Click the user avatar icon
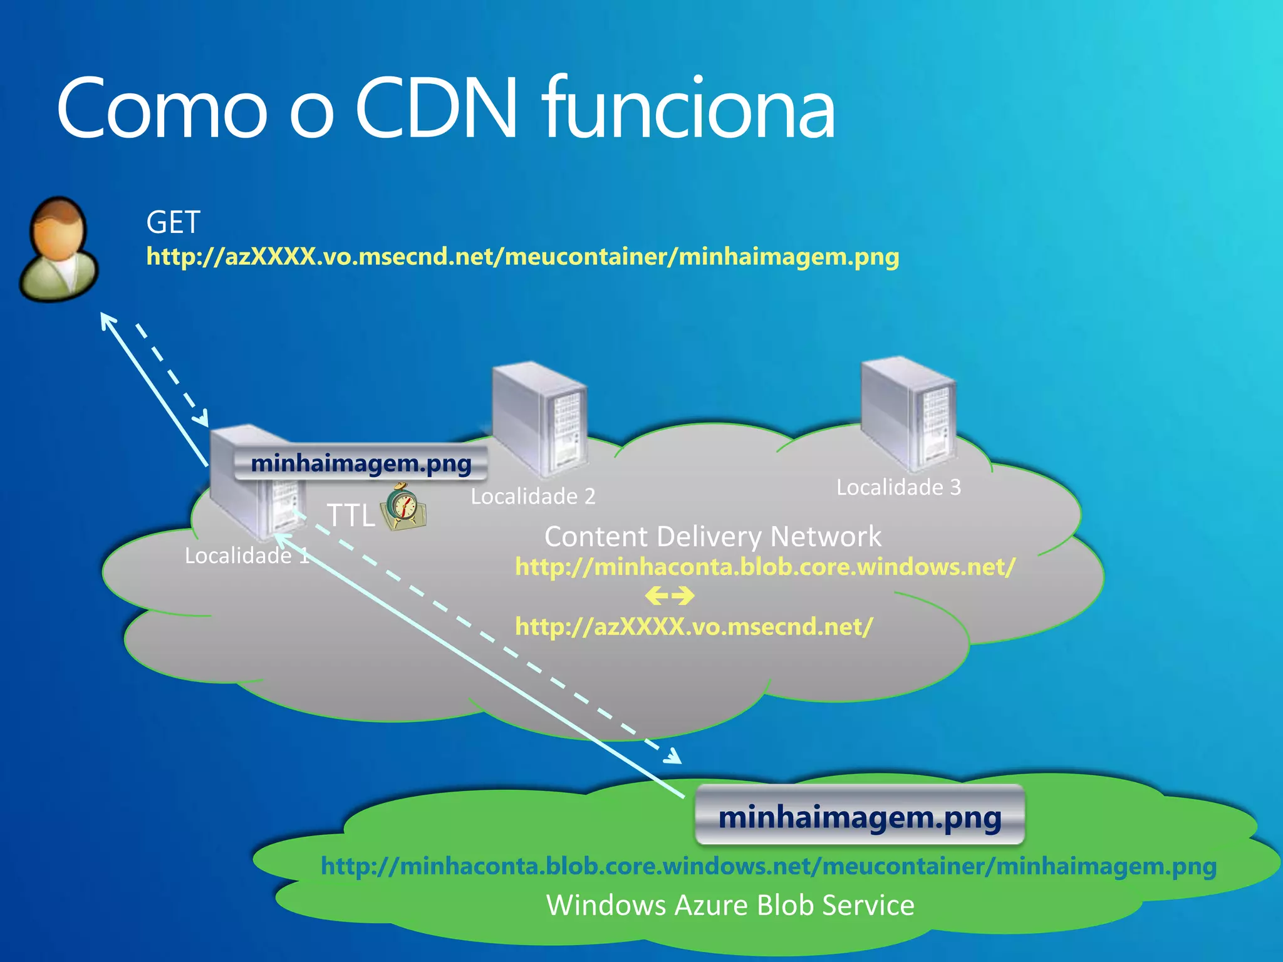pos(58,249)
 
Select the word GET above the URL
pos(173,222)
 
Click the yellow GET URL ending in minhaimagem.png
pos(522,257)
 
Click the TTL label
pos(351,516)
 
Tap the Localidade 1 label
pos(246,556)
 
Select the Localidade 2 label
pos(532,497)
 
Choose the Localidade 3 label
pos(898,487)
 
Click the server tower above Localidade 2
pos(539,420)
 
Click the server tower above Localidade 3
pos(908,413)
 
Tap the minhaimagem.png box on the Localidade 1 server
pos(361,464)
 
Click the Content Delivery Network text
pos(712,537)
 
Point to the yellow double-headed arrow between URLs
pos(669,596)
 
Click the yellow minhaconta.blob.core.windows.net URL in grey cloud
pos(765,567)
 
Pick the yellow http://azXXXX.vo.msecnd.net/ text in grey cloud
pos(693,627)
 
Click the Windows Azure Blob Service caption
pos(730,906)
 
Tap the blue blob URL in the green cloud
pos(768,866)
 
